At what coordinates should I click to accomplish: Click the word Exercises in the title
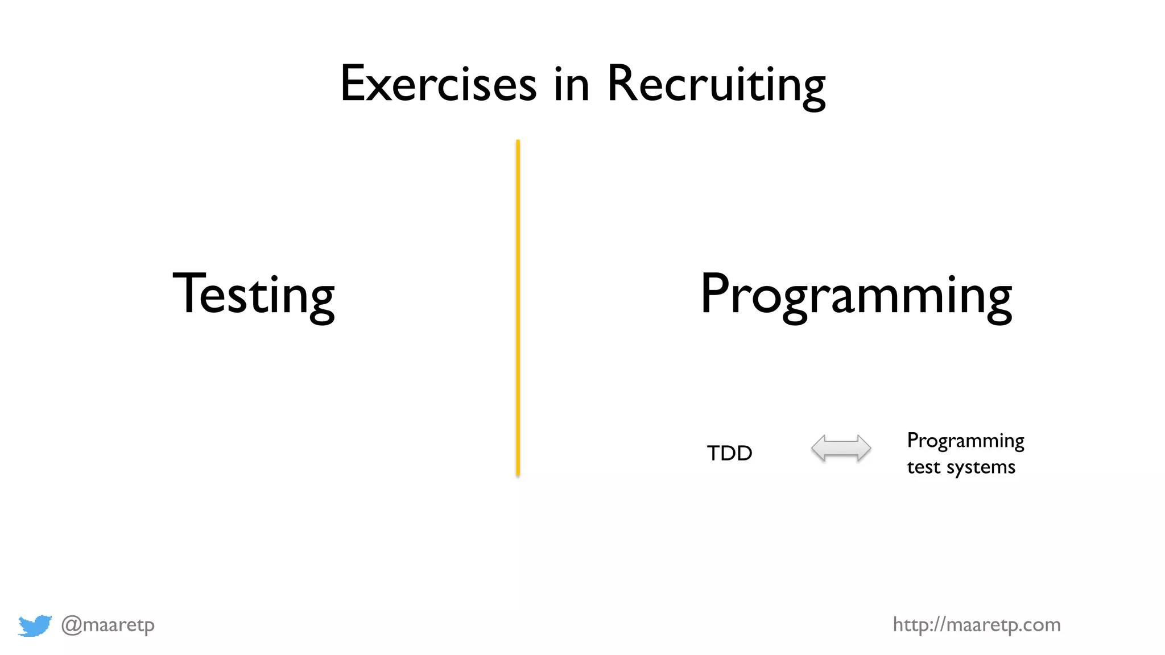pos(438,84)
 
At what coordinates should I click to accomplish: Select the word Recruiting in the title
pos(716,85)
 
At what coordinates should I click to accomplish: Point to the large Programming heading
pos(856,296)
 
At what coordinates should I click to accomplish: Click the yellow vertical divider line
pos(518,307)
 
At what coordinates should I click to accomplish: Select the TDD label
pos(729,453)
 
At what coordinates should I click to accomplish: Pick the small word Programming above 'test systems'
pos(965,441)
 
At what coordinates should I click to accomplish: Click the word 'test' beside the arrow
pos(923,467)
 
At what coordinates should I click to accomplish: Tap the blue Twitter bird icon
pos(35,625)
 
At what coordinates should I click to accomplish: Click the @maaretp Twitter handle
pos(108,625)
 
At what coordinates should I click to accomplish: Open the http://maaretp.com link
pos(976,625)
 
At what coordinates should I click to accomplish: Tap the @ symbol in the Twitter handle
pos(71,625)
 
